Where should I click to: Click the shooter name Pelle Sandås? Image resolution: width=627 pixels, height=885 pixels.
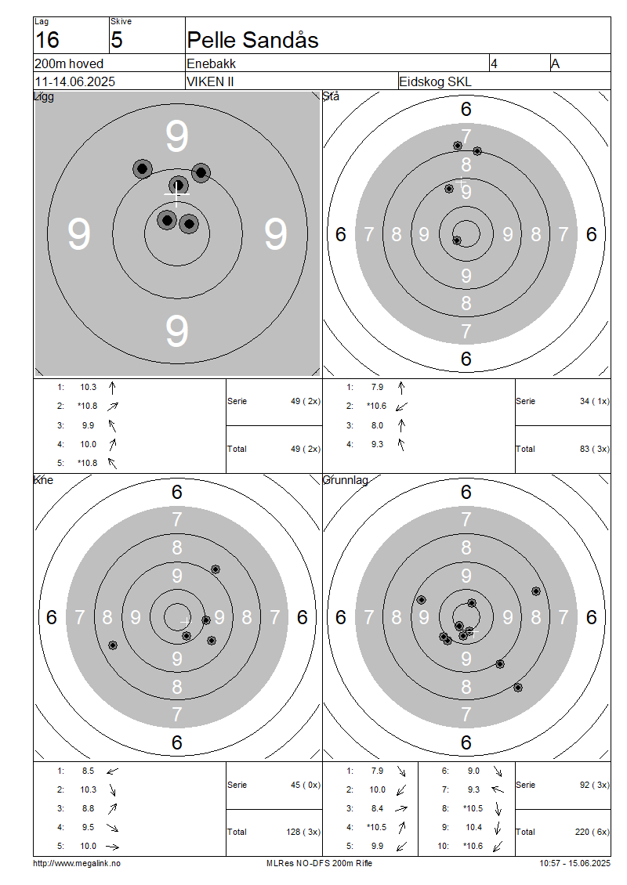[x=252, y=40]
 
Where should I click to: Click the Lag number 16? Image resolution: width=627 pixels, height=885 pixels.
[x=48, y=40]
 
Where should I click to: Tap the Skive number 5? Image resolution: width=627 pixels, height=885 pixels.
[x=116, y=40]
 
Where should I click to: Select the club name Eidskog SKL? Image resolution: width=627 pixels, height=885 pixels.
[x=435, y=81]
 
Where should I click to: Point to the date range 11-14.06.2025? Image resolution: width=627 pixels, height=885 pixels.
[x=75, y=81]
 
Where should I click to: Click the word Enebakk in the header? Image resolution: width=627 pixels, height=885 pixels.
[x=212, y=63]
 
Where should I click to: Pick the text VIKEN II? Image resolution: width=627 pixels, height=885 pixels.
[x=210, y=81]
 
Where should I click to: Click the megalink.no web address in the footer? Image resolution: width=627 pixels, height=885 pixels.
[x=77, y=863]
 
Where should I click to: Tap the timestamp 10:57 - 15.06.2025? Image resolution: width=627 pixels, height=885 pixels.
[x=574, y=863]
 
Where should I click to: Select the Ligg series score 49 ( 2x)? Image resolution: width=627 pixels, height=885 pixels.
[x=306, y=401]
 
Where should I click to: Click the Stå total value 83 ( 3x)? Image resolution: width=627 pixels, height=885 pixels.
[x=595, y=449]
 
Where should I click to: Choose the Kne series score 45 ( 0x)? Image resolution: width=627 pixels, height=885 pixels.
[x=306, y=785]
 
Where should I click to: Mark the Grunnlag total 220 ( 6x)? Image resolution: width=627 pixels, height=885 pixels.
[x=593, y=832]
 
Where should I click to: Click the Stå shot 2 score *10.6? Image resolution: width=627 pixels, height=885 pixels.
[x=376, y=406]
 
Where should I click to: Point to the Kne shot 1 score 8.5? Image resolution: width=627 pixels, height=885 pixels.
[x=88, y=771]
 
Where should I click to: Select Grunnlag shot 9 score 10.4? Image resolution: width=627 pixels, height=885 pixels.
[x=473, y=827]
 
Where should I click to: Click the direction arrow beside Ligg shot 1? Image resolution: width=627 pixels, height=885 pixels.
[x=112, y=388]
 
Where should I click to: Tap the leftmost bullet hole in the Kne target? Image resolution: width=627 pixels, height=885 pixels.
[x=113, y=645]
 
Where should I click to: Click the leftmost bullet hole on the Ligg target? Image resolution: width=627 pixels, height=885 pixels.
[x=143, y=168]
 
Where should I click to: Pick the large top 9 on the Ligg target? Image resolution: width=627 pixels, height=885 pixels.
[x=177, y=136]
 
